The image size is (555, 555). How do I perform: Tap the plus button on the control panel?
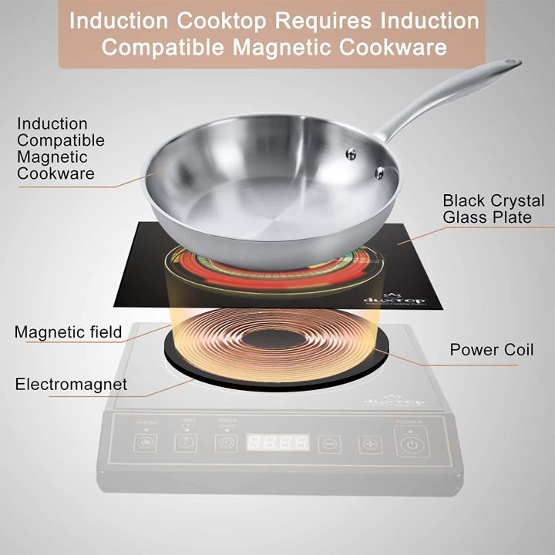point(370,444)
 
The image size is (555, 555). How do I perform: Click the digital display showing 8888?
point(277,443)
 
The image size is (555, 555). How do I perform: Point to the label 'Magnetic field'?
point(68,332)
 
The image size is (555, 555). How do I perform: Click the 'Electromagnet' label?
point(71,383)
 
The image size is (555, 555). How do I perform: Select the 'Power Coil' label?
point(491,350)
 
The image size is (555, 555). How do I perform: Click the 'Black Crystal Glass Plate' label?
point(493,209)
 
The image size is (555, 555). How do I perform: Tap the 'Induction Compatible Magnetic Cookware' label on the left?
point(60,148)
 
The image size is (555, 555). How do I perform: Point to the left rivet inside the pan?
point(351,154)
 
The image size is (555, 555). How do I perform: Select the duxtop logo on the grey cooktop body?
point(394,401)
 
